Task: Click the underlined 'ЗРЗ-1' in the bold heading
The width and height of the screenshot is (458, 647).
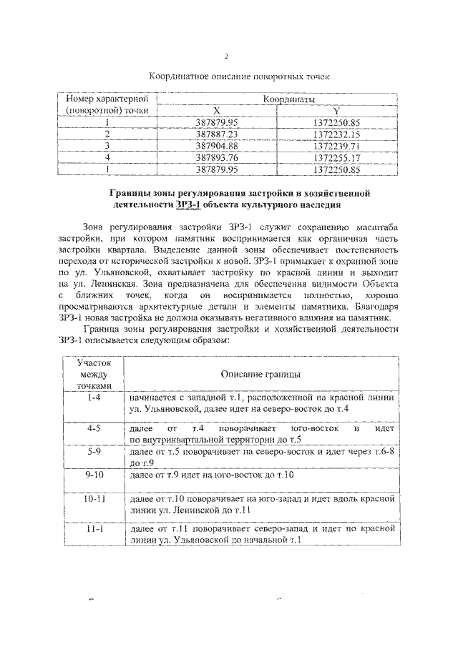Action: click(188, 204)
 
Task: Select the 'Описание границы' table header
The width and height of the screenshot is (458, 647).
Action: click(260, 374)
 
